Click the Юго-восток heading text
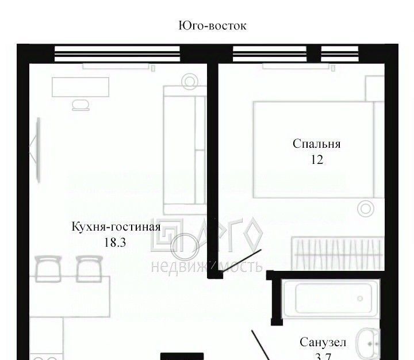(212, 26)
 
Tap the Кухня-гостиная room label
(116, 227)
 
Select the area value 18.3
(115, 242)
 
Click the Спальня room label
(317, 144)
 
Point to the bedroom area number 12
(317, 160)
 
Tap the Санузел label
(323, 342)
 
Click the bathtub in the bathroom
(331, 298)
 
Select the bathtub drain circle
(360, 298)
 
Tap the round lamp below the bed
(366, 209)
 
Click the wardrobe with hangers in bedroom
(338, 254)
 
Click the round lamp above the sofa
(190, 82)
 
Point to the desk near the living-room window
(80, 87)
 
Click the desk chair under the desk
(81, 105)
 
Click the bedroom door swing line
(241, 261)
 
